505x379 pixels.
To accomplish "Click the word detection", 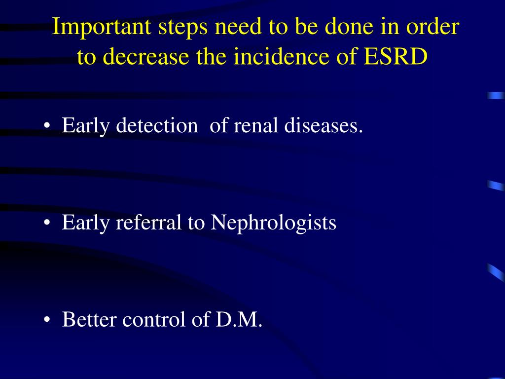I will (x=157, y=126).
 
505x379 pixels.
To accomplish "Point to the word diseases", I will (x=324, y=126).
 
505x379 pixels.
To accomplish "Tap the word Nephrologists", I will (x=274, y=223).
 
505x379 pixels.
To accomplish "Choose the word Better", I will (x=90, y=320).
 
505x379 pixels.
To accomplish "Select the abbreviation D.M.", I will (x=239, y=320).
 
